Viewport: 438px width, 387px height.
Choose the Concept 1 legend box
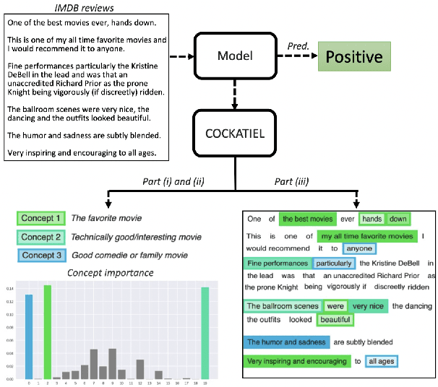(x=41, y=217)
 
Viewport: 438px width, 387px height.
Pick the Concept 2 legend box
(x=41, y=237)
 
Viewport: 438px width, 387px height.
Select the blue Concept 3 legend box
(x=41, y=256)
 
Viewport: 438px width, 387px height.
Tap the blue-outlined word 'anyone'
(x=339, y=248)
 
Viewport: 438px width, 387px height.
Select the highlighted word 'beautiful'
(x=335, y=318)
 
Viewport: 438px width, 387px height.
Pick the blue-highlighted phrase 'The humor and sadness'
(x=286, y=342)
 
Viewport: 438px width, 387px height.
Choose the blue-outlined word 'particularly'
(x=333, y=264)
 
